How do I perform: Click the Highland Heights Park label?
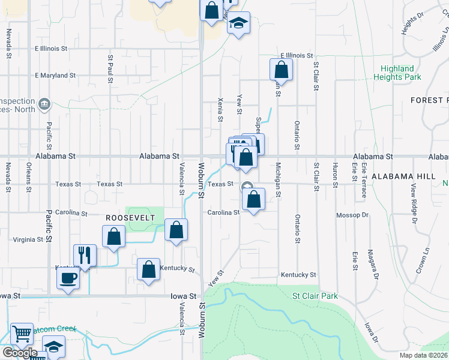point(397,73)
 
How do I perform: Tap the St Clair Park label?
point(315,296)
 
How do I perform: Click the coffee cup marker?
point(68,278)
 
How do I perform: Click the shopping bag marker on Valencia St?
point(176,230)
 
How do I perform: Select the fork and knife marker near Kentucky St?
point(85,255)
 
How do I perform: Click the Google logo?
point(20,353)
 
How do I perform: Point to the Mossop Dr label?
point(352,214)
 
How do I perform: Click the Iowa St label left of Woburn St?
point(184,296)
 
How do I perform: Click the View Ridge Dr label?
point(413,204)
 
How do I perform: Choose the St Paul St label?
point(110,70)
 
